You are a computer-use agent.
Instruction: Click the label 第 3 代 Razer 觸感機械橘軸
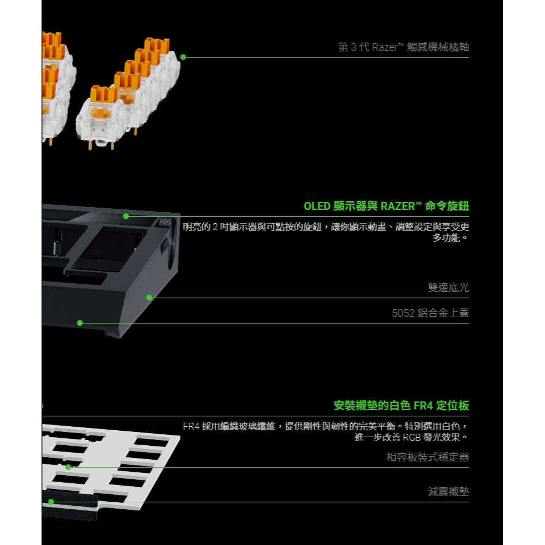pos(403,47)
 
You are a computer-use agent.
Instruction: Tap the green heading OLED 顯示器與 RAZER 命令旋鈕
pos(386,206)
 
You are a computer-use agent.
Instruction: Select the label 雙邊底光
pos(448,287)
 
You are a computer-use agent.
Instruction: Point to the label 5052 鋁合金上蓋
pos(430,313)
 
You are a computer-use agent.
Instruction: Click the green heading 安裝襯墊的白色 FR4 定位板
pos(401,405)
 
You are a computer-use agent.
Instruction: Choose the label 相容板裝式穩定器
pos(427,457)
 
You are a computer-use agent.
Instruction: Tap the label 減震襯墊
pos(448,492)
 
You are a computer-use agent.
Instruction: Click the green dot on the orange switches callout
pos(183,57)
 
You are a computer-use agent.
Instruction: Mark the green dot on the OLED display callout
pos(126,216)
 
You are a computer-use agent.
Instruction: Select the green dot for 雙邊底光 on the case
pos(149,298)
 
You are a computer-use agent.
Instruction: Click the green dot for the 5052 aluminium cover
pos(80,323)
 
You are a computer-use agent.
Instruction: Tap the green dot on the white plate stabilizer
pos(68,467)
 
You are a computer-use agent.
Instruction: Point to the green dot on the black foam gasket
pos(51,502)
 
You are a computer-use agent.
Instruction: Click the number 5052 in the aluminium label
pos(403,313)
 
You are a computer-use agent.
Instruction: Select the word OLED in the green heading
pos(317,206)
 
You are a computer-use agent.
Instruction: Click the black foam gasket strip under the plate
pos(69,508)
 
